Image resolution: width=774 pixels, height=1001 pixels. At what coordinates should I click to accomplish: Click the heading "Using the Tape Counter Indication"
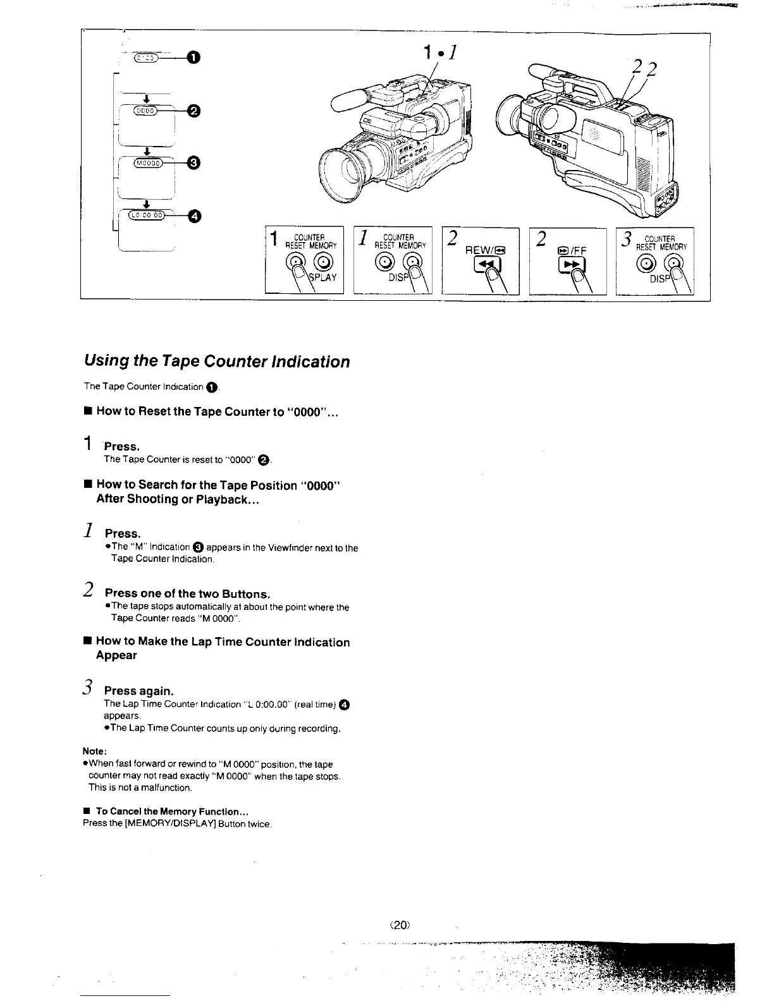(x=216, y=361)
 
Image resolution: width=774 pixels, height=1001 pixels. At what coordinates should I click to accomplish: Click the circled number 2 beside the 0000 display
(x=193, y=112)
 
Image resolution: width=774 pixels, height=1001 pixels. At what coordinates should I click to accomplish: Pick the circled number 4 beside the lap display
(x=193, y=217)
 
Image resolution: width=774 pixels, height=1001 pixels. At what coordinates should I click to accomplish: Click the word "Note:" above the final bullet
(x=95, y=751)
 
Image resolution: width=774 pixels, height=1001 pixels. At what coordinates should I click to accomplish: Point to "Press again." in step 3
(x=138, y=690)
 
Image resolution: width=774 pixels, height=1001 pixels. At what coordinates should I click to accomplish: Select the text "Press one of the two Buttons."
(x=187, y=593)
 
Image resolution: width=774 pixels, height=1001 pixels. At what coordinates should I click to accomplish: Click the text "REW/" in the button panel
(x=478, y=250)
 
